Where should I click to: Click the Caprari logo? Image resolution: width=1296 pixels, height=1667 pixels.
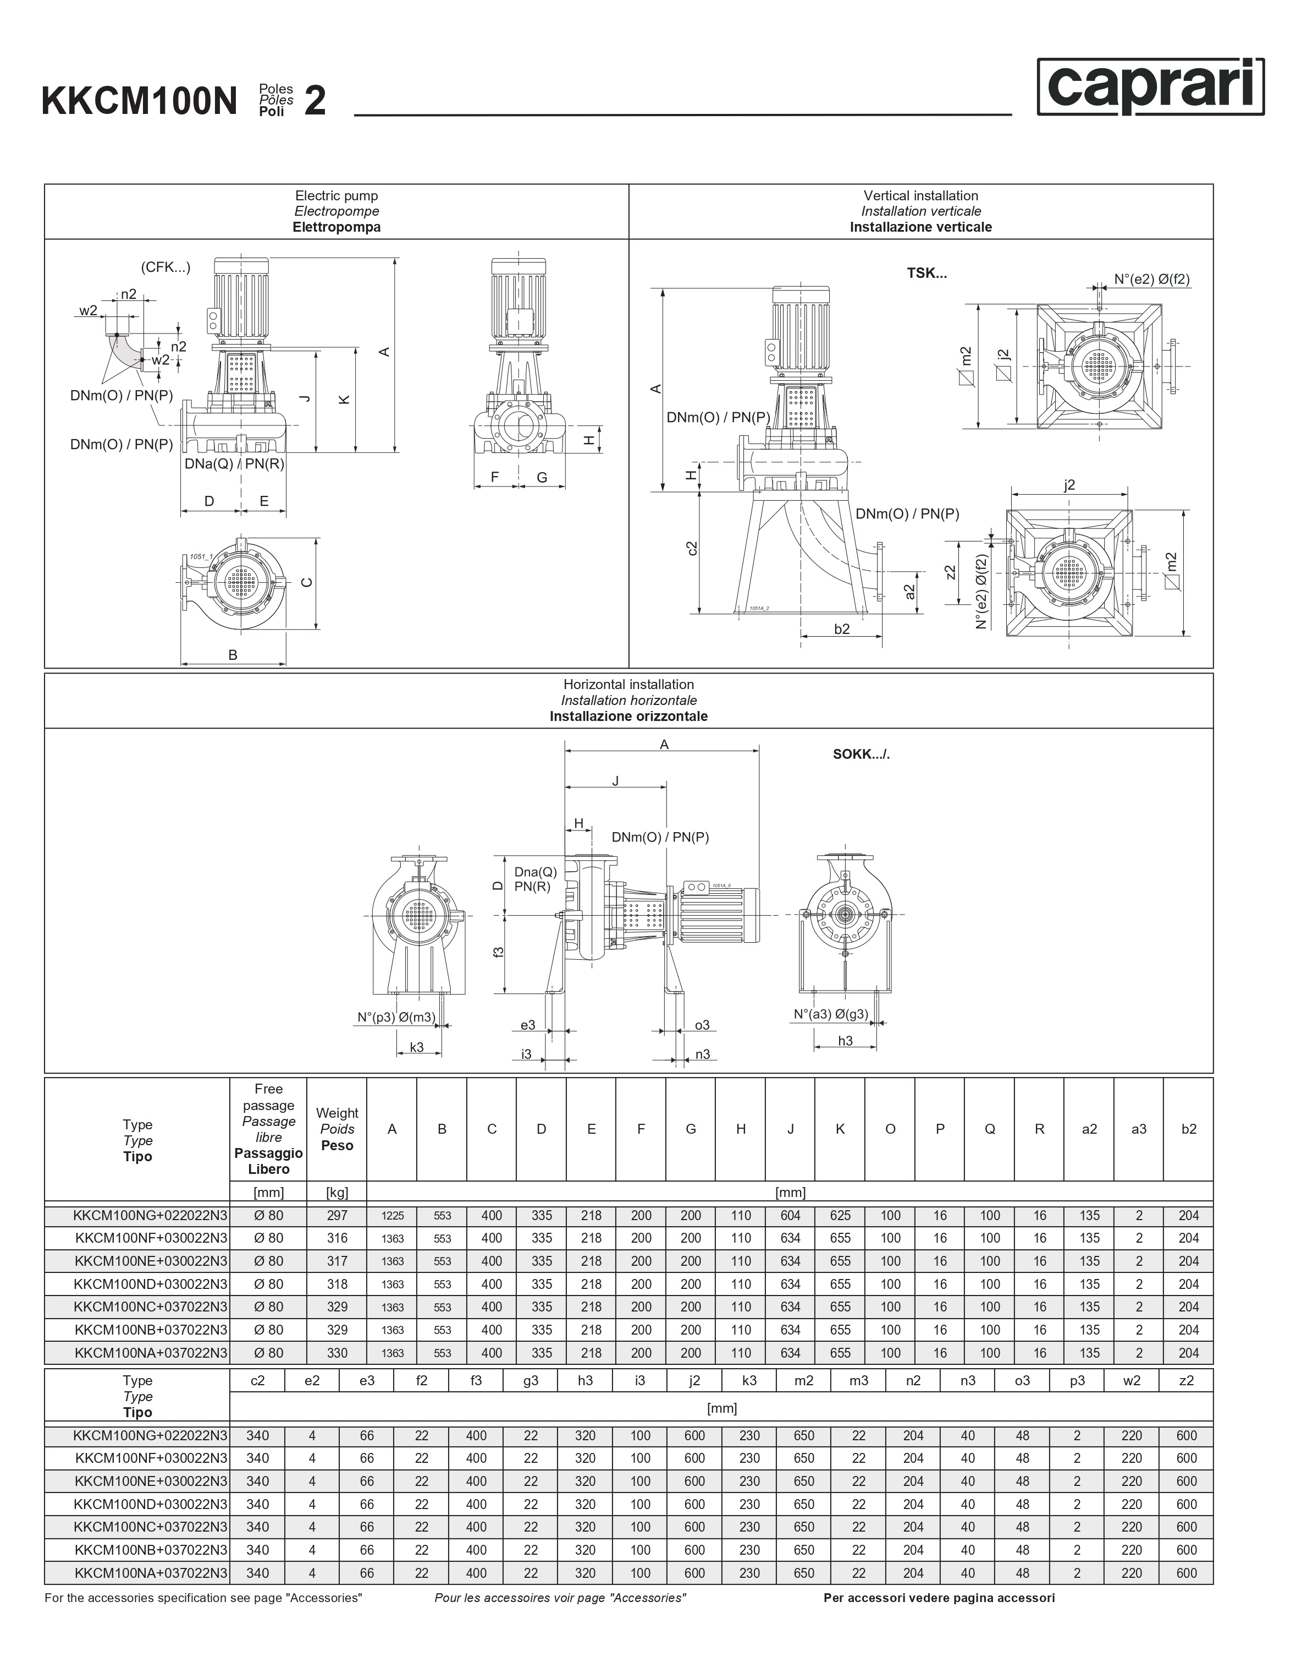pyautogui.click(x=1150, y=86)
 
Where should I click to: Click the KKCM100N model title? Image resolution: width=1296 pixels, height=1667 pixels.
pyautogui.click(x=140, y=101)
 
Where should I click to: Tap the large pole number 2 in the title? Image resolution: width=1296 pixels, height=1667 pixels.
pyautogui.click(x=315, y=101)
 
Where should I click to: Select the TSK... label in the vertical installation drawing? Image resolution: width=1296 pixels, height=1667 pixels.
pyautogui.click(x=926, y=274)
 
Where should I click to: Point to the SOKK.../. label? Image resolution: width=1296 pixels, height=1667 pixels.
pyautogui.click(x=861, y=754)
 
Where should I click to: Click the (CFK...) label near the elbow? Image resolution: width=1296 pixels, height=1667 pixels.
pyautogui.click(x=166, y=267)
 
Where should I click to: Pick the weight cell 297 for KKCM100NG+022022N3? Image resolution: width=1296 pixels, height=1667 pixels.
pyautogui.click(x=337, y=1215)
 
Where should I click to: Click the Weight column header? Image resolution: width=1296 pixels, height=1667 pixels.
pyautogui.click(x=337, y=1129)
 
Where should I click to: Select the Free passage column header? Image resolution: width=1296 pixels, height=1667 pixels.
pyautogui.click(x=268, y=1128)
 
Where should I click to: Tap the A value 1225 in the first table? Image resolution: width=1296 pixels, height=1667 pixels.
pyautogui.click(x=392, y=1216)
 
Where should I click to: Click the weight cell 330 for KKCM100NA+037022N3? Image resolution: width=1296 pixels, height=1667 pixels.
pyautogui.click(x=337, y=1353)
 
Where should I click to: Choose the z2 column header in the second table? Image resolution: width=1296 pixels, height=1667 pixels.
pyautogui.click(x=1186, y=1380)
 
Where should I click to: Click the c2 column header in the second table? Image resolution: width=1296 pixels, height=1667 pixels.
pyautogui.click(x=258, y=1380)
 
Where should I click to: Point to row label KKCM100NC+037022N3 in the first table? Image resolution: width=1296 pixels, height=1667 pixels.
pyautogui.click(x=151, y=1307)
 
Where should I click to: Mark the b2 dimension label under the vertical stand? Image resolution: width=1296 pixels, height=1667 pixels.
pyautogui.click(x=841, y=629)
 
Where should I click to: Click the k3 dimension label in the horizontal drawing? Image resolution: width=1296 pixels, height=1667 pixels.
pyautogui.click(x=416, y=1047)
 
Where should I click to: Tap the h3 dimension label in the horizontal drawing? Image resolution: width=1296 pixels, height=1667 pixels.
pyautogui.click(x=845, y=1040)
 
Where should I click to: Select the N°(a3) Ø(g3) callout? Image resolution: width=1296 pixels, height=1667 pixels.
pyautogui.click(x=831, y=1014)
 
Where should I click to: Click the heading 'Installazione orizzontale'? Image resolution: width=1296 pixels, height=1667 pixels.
pyautogui.click(x=628, y=716)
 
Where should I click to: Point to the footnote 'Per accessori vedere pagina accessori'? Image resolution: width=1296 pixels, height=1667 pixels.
pyautogui.click(x=939, y=1598)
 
